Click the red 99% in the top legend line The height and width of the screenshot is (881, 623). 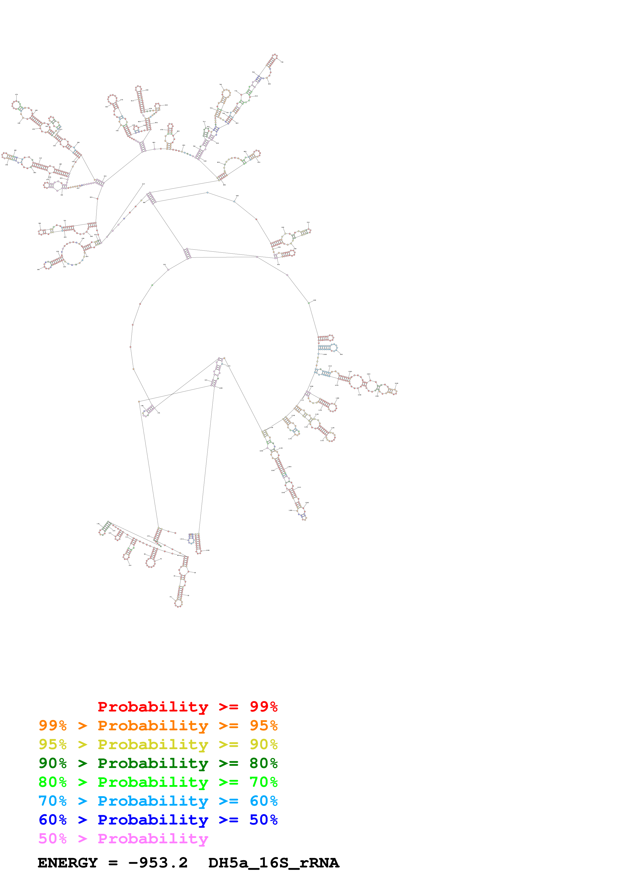point(263,706)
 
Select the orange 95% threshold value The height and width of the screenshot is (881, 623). point(263,725)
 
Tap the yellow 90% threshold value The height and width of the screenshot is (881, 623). point(263,744)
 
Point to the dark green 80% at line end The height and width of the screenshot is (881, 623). point(263,763)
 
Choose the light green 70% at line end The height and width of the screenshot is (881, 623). point(263,782)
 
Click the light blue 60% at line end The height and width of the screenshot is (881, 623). point(263,801)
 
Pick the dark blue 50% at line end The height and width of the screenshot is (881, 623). point(263,820)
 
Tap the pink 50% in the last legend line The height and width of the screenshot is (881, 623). point(53,838)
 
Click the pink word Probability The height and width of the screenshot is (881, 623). point(153,838)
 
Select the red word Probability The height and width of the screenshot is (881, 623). point(153,706)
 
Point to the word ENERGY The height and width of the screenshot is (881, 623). point(68,863)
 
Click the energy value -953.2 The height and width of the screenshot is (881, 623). point(158,863)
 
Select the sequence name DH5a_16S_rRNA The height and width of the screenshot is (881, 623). point(273,863)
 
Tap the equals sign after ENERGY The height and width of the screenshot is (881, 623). point(113,863)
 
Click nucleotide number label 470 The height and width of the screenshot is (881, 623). point(183,145)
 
